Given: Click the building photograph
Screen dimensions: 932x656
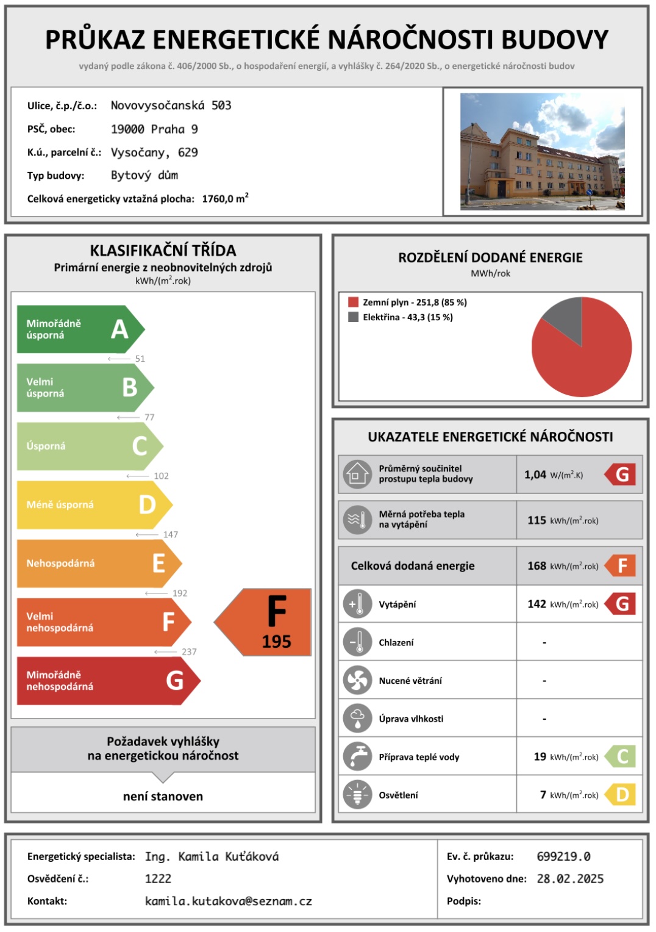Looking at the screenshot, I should pyautogui.click(x=542, y=151).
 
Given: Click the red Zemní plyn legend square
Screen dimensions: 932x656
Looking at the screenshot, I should pyautogui.click(x=353, y=302).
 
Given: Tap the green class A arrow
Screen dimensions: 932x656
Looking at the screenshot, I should pyautogui.click(x=79, y=329).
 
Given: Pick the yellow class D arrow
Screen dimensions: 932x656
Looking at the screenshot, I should pyautogui.click(x=91, y=504).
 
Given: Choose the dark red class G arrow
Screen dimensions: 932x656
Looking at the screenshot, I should pyautogui.click(x=107, y=680).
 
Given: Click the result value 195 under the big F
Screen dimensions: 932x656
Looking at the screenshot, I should pyautogui.click(x=276, y=642).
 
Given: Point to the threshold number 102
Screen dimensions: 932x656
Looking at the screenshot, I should pyautogui.click(x=161, y=476).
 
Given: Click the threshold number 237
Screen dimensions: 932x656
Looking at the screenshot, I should pyautogui.click(x=189, y=651).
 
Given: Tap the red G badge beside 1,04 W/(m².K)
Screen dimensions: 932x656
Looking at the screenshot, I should pyautogui.click(x=621, y=475).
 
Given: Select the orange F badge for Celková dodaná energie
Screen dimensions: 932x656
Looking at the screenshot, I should pyautogui.click(x=621, y=565).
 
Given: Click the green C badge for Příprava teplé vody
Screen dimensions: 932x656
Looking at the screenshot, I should pyautogui.click(x=621, y=757).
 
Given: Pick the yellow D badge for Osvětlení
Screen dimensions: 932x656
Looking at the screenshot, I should pyautogui.click(x=621, y=795).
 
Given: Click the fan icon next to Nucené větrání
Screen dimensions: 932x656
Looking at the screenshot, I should pyautogui.click(x=357, y=681).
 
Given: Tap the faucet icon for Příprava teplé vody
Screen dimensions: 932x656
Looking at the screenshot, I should pyautogui.click(x=357, y=757).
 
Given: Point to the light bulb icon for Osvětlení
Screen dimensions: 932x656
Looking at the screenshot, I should pyautogui.click(x=357, y=795).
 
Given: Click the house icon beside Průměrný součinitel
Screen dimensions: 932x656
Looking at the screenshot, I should pyautogui.click(x=357, y=474).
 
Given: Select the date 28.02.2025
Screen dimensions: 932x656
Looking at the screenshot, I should pyautogui.click(x=570, y=879).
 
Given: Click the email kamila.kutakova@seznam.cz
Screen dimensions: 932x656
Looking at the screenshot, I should pyautogui.click(x=229, y=901).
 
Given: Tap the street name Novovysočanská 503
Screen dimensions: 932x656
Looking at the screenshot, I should pyautogui.click(x=171, y=106).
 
